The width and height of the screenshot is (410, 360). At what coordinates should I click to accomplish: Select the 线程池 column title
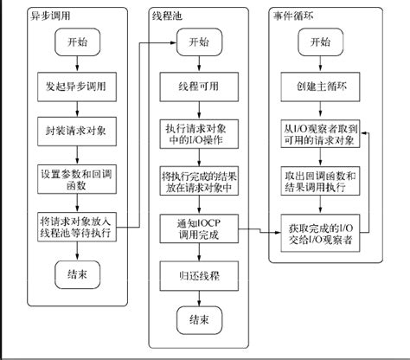[x=169, y=16]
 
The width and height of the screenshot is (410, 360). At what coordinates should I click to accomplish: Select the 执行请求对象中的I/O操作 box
[x=198, y=132]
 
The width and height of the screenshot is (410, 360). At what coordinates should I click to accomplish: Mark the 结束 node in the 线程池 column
[x=198, y=321]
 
